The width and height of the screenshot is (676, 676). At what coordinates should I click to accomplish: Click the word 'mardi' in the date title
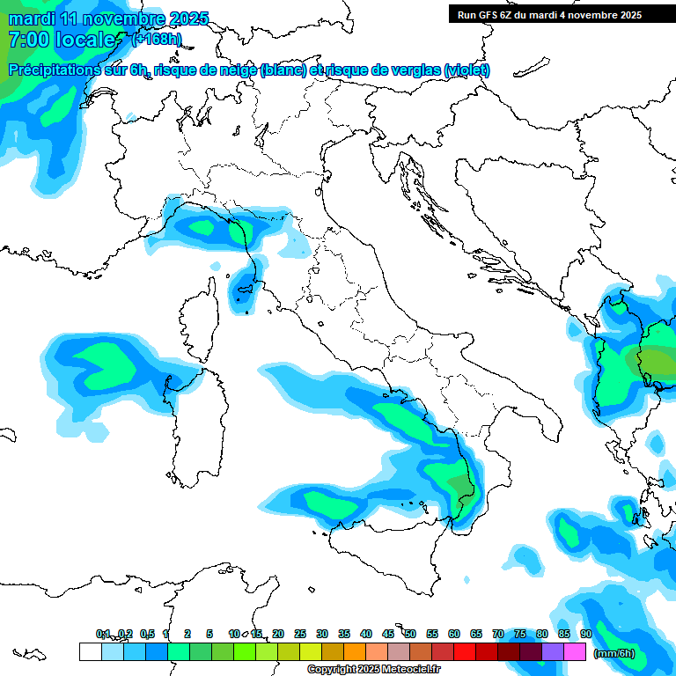30,18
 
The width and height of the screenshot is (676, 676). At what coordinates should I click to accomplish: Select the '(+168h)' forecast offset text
156,40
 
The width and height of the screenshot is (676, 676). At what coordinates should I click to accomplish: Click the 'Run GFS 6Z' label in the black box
486,15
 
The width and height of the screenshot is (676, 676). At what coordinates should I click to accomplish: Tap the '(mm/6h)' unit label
614,653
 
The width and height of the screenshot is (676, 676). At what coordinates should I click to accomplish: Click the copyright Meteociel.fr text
362,670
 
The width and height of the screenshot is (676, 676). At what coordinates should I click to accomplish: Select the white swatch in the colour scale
90,652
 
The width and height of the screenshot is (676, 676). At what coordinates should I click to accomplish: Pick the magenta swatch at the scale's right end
575,652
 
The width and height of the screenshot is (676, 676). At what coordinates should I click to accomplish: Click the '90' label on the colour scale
585,634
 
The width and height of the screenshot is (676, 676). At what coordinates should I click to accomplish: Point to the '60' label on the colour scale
453,634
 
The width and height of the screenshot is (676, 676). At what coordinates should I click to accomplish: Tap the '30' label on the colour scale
321,634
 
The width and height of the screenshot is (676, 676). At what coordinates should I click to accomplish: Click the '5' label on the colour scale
209,634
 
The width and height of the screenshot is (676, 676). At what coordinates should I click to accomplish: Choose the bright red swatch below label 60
464,652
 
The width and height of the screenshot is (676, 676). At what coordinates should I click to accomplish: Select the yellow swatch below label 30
310,652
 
